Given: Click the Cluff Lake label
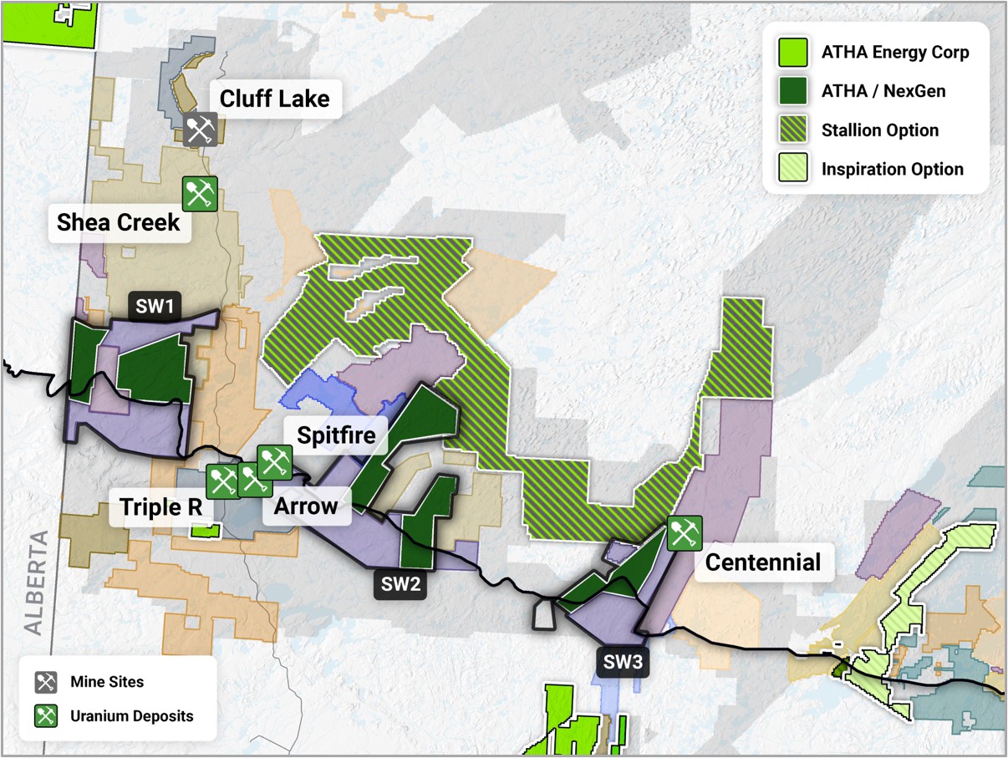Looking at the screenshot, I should (x=274, y=99).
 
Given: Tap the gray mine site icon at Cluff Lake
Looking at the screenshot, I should (x=200, y=130).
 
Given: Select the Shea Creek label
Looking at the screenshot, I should (x=119, y=222).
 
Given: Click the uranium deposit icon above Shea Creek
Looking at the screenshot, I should (x=200, y=194).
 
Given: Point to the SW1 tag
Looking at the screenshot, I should (x=155, y=307).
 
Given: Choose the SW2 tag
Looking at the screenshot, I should (x=400, y=584).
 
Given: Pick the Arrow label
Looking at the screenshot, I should (x=306, y=506).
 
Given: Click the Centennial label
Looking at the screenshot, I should (x=762, y=562).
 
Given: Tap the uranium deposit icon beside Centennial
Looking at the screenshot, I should (x=685, y=533).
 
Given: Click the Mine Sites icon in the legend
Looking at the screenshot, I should (x=46, y=682).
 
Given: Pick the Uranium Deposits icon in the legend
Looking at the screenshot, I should (x=46, y=715).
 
